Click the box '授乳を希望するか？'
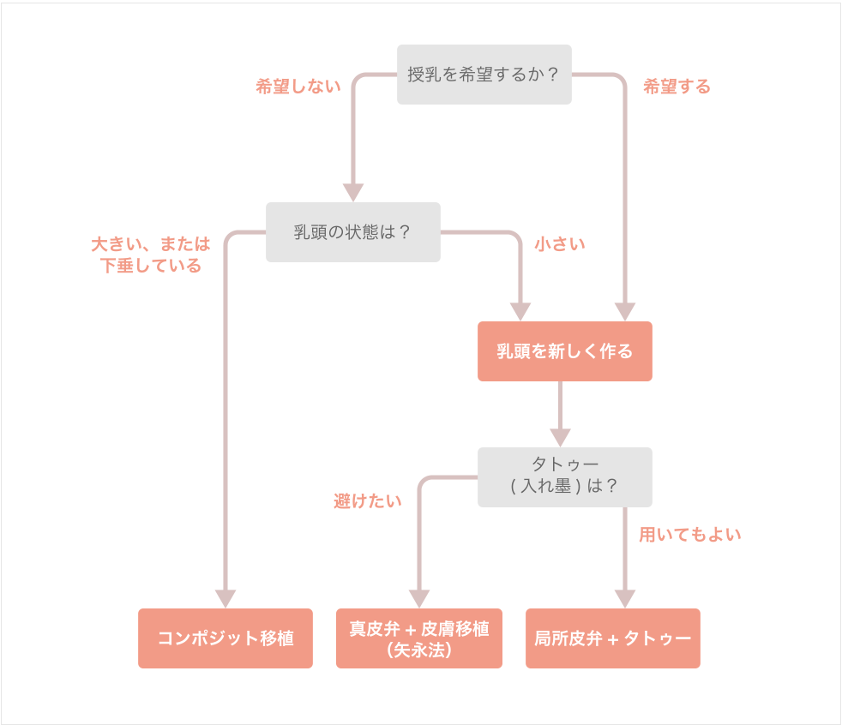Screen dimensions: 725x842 (x=484, y=75)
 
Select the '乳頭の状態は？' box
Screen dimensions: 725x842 (x=352, y=232)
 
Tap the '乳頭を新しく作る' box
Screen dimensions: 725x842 (x=564, y=351)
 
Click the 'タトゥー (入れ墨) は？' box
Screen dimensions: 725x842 (x=564, y=476)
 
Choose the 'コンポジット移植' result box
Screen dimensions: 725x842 (x=226, y=638)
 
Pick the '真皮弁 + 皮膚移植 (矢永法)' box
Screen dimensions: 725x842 (x=418, y=638)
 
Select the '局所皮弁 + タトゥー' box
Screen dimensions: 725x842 (x=612, y=638)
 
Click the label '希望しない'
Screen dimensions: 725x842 (x=298, y=87)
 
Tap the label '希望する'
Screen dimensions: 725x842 (x=677, y=87)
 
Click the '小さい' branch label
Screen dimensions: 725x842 (x=560, y=244)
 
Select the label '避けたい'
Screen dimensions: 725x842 (x=367, y=501)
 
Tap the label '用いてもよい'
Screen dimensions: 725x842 (x=689, y=535)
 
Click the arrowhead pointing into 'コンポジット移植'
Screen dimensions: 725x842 (x=226, y=598)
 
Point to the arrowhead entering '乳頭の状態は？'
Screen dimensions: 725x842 (x=353, y=193)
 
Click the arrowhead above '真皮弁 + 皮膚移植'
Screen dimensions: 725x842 (x=418, y=598)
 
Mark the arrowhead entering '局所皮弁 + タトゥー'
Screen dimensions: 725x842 (x=625, y=598)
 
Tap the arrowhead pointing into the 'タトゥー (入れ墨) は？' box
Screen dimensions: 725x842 (x=560, y=437)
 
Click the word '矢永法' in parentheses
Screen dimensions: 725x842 (x=419, y=650)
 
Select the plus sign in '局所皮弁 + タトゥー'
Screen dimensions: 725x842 (x=612, y=639)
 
